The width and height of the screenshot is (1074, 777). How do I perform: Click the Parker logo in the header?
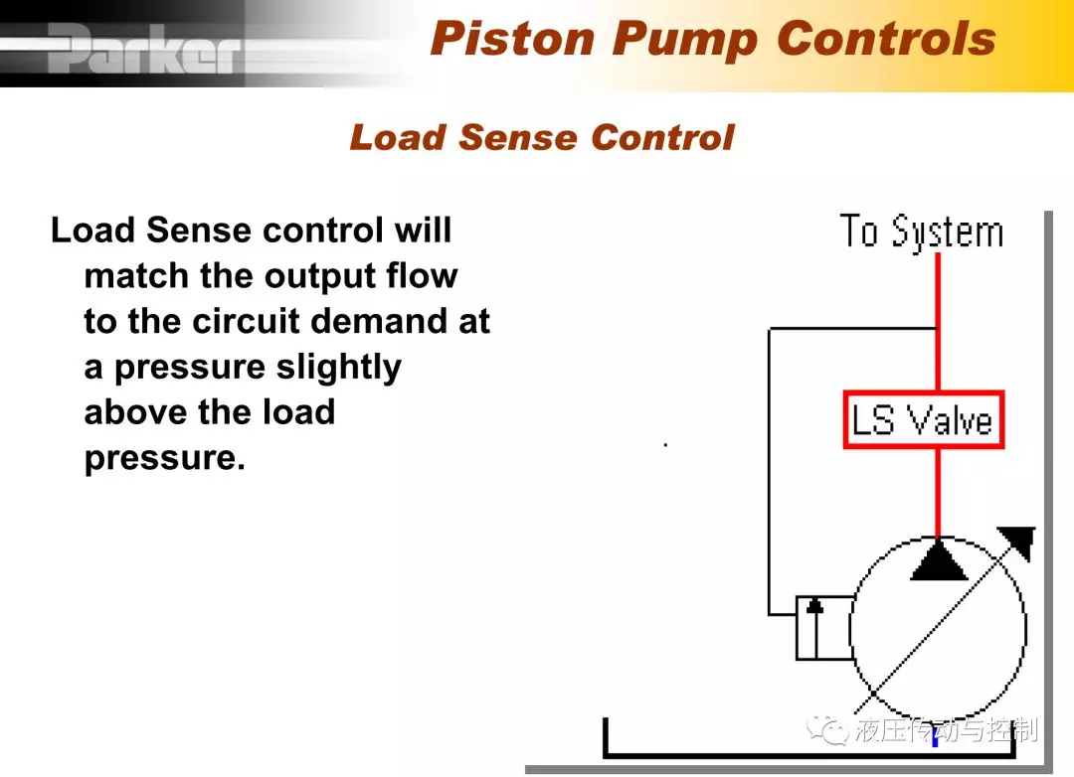coord(145,48)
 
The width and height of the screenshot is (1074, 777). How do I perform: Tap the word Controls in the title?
coord(886,38)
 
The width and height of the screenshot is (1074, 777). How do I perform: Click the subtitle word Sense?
coord(518,137)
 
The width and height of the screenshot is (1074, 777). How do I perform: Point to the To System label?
coord(922,232)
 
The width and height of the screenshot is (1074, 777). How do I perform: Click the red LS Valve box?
coord(923,419)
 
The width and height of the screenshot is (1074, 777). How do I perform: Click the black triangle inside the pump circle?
coord(939,560)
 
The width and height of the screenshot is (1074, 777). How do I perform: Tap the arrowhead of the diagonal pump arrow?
coord(1020,541)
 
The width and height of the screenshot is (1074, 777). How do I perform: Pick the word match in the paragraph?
coord(136,276)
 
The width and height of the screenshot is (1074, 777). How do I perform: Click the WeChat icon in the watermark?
coord(827,730)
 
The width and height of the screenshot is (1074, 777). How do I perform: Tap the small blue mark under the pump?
coord(935,739)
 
